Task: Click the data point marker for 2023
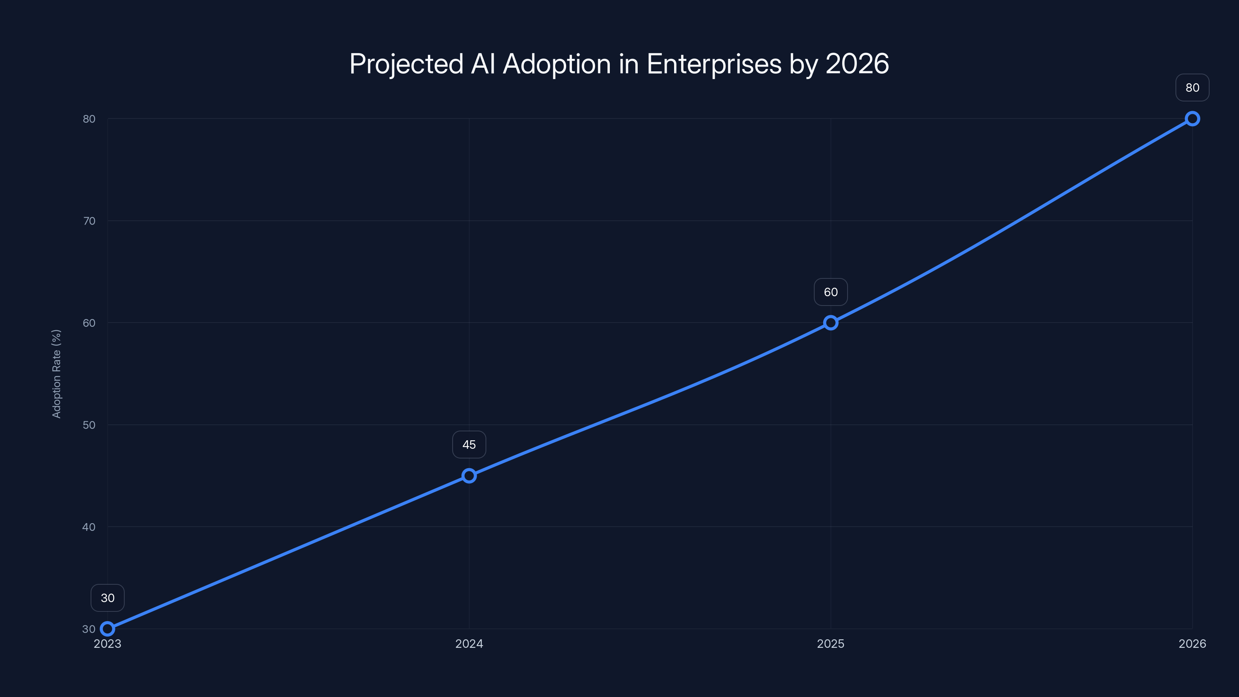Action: (x=107, y=629)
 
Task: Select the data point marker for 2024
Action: (x=469, y=476)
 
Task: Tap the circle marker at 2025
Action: (x=831, y=323)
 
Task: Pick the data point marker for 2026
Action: (x=1193, y=119)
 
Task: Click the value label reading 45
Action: (x=469, y=445)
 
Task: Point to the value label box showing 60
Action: (x=831, y=292)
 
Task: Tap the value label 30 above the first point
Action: (x=107, y=598)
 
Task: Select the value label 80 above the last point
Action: (x=1193, y=88)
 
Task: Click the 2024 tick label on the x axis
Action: (x=469, y=644)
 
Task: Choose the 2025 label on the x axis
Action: (x=831, y=644)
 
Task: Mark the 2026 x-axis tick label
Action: (x=1193, y=644)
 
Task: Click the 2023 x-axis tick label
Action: (x=107, y=644)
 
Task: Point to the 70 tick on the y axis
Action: (x=89, y=221)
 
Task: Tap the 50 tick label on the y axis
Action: (x=89, y=425)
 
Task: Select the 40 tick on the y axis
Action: (x=89, y=527)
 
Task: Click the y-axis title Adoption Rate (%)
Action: (x=56, y=374)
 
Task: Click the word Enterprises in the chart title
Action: (x=714, y=64)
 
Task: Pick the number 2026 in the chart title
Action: (x=857, y=64)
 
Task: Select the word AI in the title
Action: (x=483, y=64)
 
